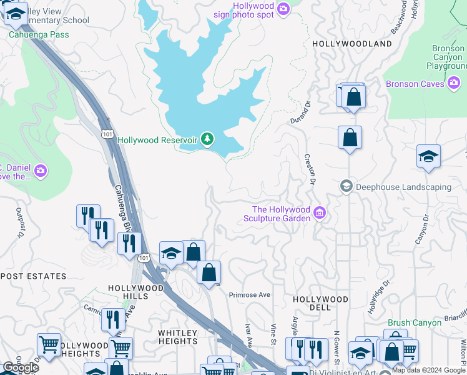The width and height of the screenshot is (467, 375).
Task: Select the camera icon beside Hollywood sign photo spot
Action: (283, 9)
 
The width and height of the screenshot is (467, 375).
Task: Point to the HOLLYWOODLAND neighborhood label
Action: (352, 44)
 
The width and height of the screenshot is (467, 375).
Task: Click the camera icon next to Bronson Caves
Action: (455, 84)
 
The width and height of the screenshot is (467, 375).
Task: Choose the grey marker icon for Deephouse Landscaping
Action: (346, 187)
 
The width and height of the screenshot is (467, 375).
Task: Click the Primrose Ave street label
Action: (249, 294)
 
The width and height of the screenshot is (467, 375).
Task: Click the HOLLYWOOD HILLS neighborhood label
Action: (135, 292)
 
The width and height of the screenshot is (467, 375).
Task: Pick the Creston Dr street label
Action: (308, 170)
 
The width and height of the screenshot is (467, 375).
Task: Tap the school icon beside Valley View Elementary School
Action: (15, 13)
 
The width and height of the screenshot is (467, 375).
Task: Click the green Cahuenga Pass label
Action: (39, 34)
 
